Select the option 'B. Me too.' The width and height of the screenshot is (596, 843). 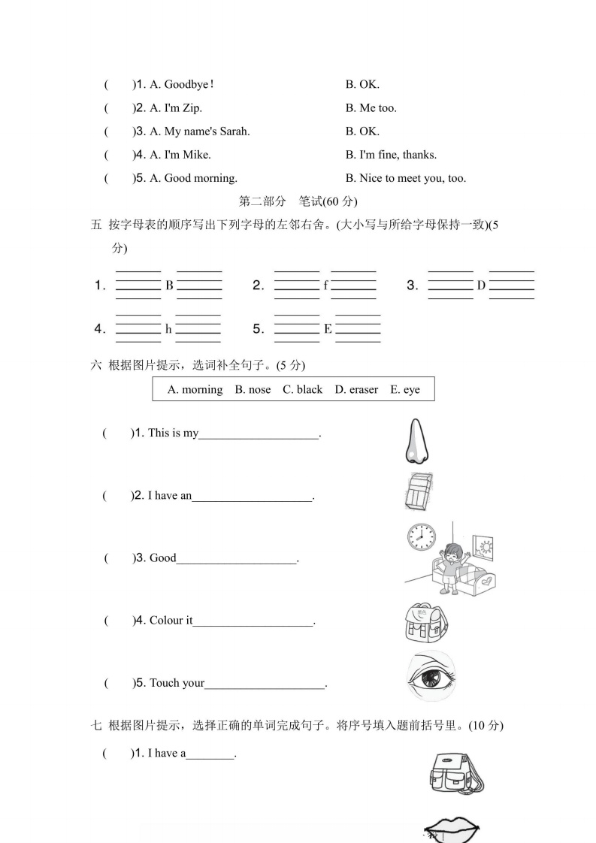tap(371, 108)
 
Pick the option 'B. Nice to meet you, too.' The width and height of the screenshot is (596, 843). tap(406, 178)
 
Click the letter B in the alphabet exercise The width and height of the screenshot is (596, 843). tap(169, 286)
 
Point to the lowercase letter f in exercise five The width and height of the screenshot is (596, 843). tap(325, 286)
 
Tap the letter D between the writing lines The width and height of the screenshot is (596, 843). tap(481, 286)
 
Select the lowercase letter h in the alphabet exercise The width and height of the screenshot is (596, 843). tap(168, 329)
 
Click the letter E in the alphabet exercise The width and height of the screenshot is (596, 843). tap(328, 329)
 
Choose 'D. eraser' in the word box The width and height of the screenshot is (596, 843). tap(356, 389)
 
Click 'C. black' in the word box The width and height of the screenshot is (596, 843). tap(302, 389)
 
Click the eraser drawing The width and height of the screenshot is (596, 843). tap(419, 491)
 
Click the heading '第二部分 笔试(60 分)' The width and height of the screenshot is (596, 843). tap(298, 201)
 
